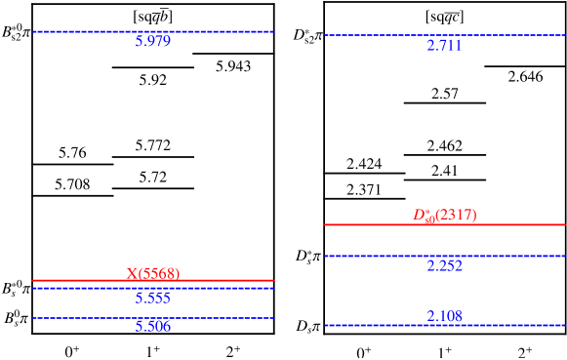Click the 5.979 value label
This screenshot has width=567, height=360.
click(152, 42)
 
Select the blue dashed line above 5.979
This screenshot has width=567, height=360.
click(152, 31)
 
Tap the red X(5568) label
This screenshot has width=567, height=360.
click(152, 273)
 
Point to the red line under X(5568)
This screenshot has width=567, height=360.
click(152, 281)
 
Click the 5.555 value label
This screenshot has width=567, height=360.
click(152, 299)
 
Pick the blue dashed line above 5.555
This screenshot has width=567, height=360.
click(152, 288)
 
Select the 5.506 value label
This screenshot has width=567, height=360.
click(152, 327)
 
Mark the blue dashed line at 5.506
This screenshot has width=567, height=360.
click(152, 318)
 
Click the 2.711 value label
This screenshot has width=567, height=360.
click(444, 46)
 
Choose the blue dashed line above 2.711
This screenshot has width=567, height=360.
click(444, 35)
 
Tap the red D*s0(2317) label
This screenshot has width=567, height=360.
click(444, 215)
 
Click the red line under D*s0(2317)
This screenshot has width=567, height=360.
click(444, 224)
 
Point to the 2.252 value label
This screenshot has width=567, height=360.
click(444, 265)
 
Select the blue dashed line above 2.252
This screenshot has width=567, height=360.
click(444, 256)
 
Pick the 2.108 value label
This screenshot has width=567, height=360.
click(444, 316)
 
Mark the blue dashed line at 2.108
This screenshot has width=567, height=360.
click(444, 325)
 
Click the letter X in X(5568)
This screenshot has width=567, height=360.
click(132, 273)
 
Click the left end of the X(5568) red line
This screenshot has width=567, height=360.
click(33, 281)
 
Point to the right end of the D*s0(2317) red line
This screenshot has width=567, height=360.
click(564, 224)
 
